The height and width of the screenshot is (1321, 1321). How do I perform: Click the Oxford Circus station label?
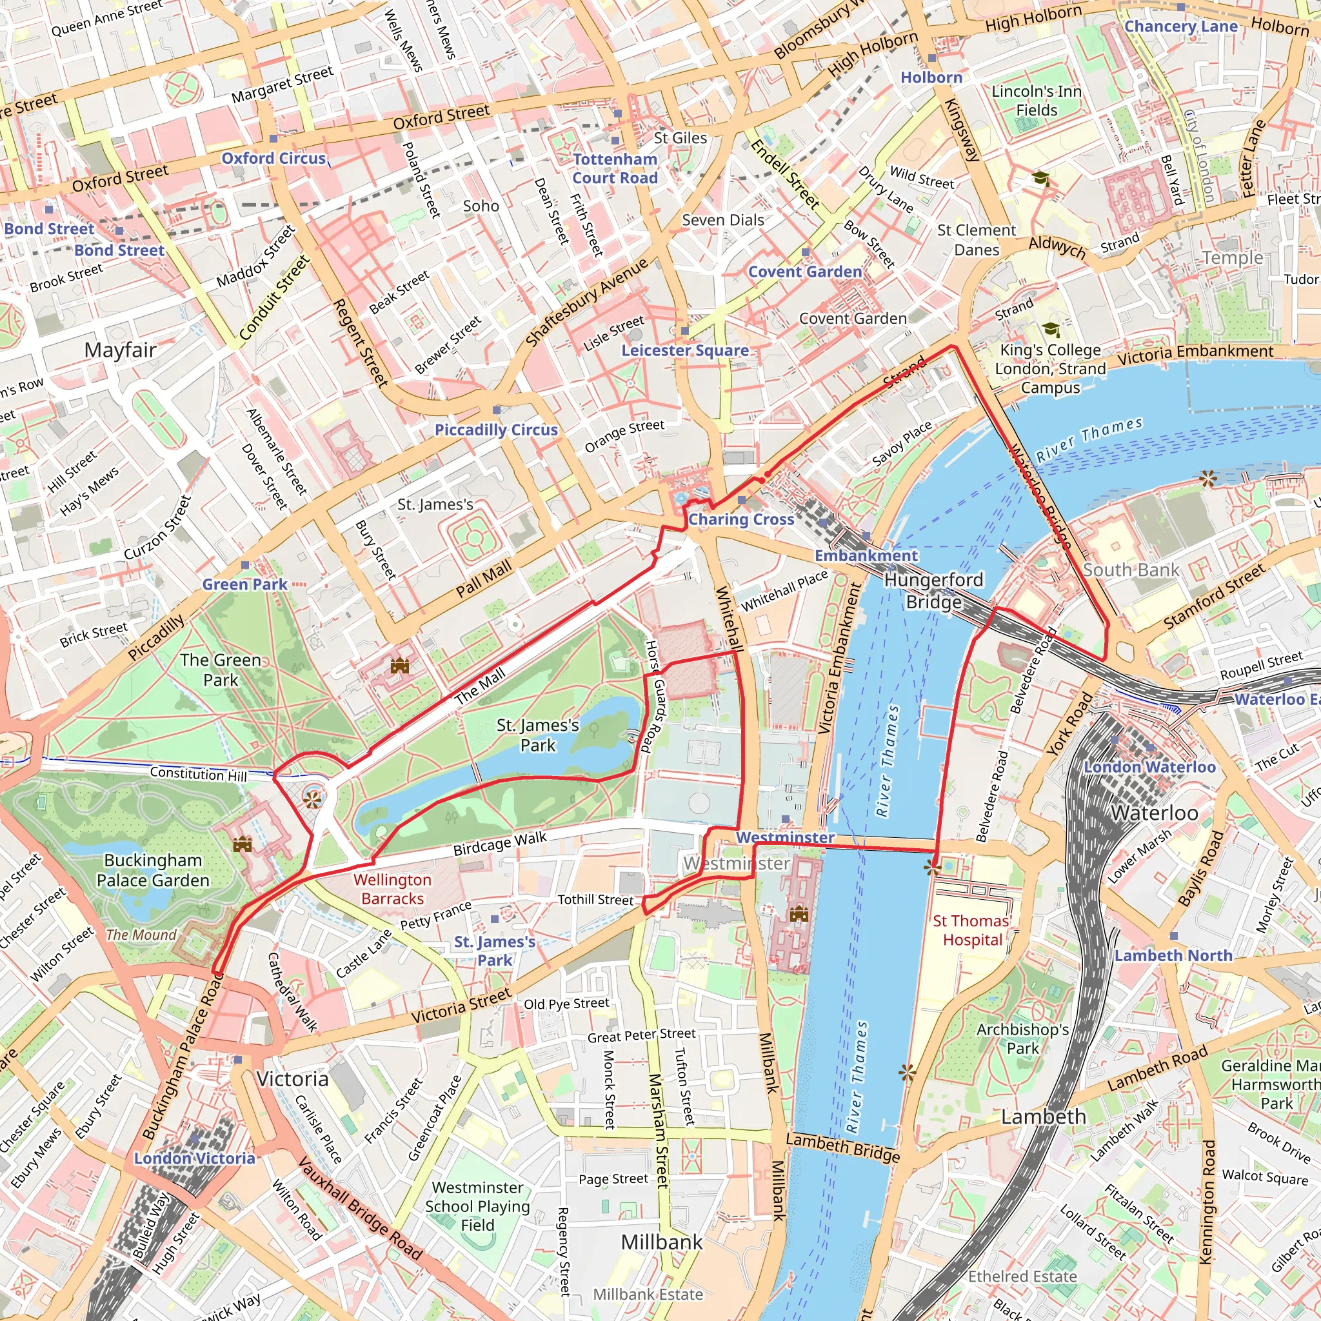point(273,158)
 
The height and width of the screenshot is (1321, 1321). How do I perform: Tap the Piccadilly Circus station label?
point(496,430)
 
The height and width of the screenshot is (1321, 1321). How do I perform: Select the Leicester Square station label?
point(684,351)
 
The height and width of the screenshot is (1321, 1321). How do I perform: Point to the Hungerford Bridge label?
point(933,591)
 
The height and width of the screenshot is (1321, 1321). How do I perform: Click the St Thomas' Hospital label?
point(971,931)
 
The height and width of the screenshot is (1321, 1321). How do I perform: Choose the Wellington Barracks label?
point(392,889)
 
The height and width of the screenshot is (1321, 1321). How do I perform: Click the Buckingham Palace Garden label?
point(153,869)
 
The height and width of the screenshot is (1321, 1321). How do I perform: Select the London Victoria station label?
point(194,1158)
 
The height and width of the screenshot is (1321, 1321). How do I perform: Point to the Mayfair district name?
point(121,350)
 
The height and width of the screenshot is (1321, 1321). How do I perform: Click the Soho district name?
point(481,206)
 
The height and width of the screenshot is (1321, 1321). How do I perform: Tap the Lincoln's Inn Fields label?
point(1037,101)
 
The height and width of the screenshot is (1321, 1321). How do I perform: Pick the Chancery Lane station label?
point(1181,26)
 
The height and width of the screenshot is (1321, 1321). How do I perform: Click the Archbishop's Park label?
point(1022,1038)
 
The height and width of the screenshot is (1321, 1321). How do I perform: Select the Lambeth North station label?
point(1173,955)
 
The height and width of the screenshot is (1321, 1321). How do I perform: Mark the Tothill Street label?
point(595,900)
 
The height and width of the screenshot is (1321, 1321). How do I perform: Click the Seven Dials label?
point(722,220)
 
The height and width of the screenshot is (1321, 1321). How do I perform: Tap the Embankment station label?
point(866,555)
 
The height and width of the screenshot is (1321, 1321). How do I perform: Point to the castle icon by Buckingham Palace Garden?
point(242,845)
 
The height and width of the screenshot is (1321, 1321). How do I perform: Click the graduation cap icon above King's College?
point(1050,330)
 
